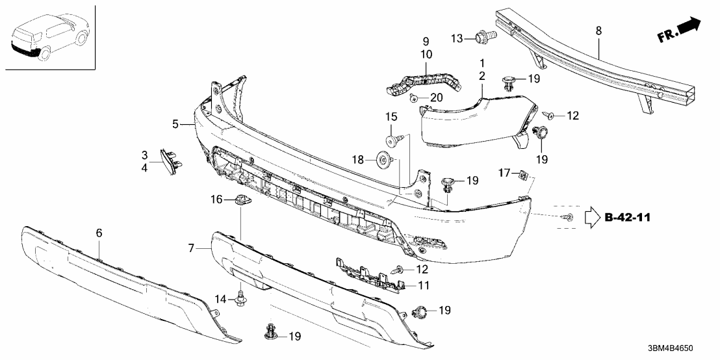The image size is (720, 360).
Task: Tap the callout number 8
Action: (x=598, y=31)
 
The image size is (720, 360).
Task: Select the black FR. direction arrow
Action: (x=688, y=27)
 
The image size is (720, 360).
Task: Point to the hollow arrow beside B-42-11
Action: (x=593, y=216)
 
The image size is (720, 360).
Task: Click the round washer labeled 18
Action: (x=385, y=159)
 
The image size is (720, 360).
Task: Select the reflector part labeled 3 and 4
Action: (x=170, y=160)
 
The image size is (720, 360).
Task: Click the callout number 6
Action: (x=99, y=232)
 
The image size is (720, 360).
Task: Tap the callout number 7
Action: (x=191, y=248)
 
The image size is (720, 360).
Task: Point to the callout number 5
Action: (x=175, y=123)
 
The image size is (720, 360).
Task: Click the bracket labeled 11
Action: (x=370, y=273)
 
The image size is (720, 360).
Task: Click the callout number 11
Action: (x=424, y=286)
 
